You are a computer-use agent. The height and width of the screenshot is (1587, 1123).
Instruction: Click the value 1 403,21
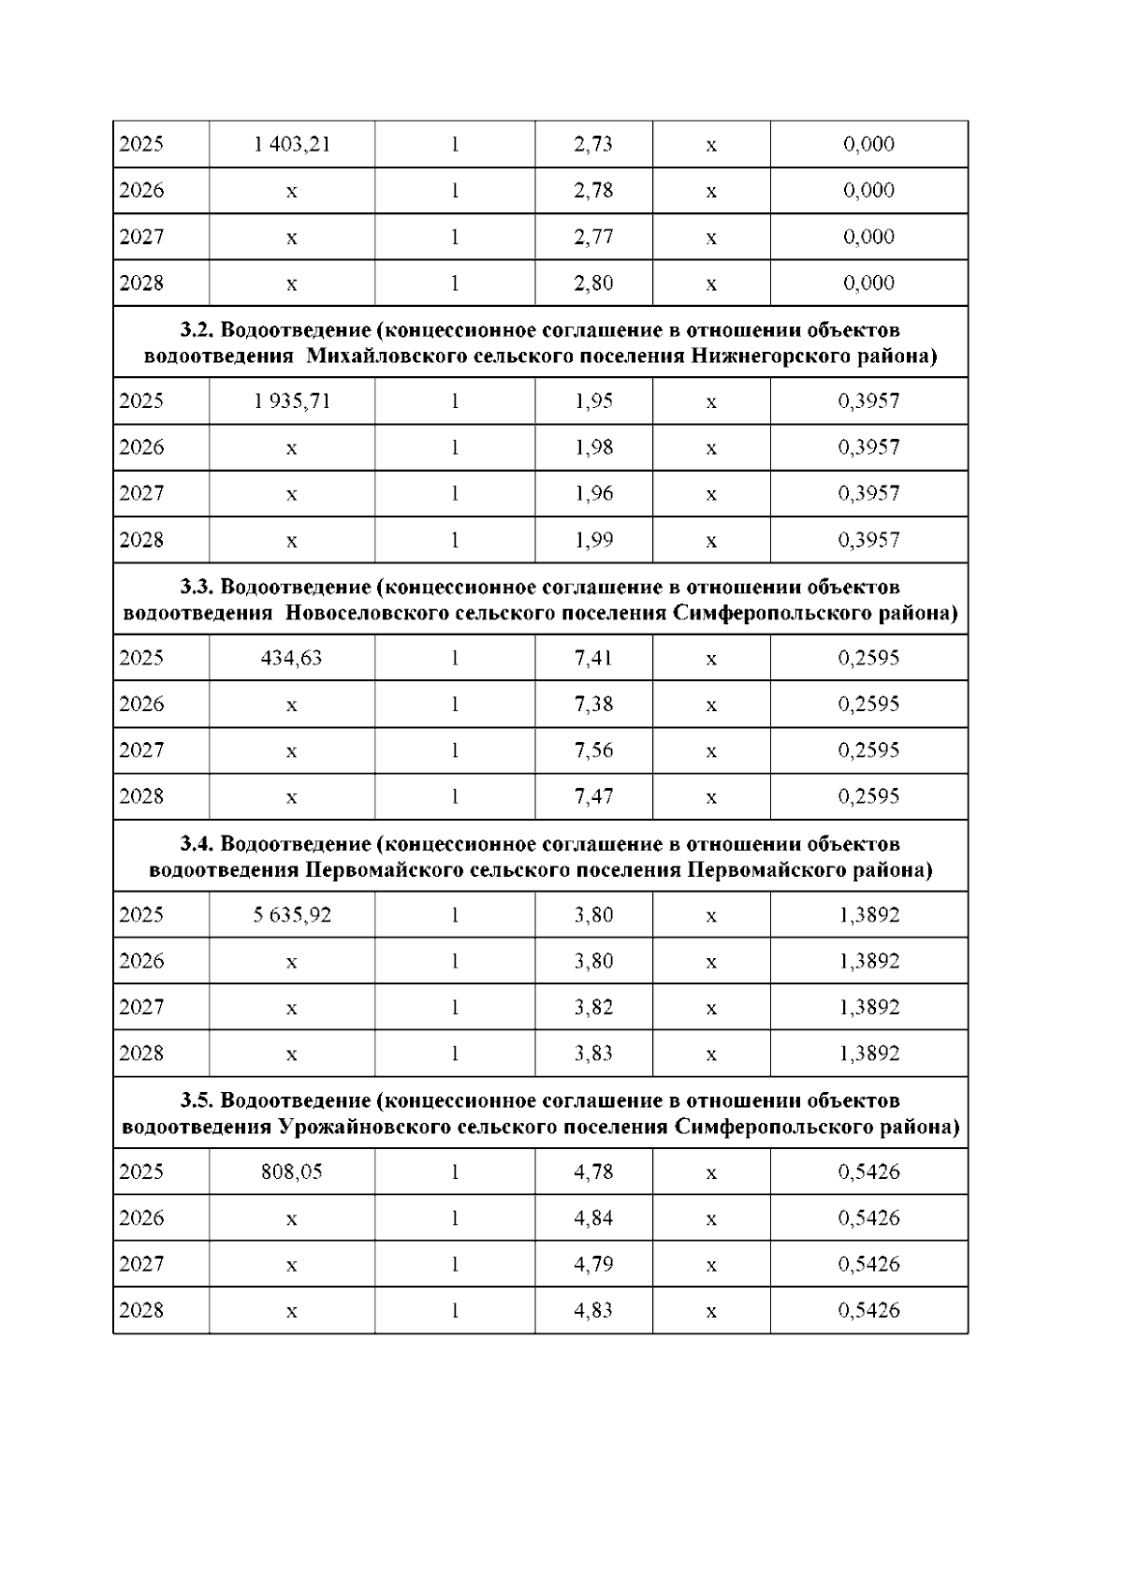292,144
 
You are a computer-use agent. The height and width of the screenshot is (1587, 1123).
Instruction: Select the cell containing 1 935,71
292,401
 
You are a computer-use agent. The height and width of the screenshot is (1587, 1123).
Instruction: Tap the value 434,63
292,658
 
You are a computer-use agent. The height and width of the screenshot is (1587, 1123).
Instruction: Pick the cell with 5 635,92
292,915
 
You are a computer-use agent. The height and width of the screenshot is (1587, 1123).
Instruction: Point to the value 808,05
292,1172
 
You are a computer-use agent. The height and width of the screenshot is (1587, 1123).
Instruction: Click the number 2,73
593,144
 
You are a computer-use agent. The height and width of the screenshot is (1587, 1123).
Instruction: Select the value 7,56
593,750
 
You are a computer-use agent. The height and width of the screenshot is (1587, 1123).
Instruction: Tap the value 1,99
593,540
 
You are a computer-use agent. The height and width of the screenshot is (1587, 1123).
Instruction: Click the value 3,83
593,1054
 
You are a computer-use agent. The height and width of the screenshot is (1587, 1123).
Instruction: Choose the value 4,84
593,1218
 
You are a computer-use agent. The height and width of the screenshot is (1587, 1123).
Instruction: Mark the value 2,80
593,284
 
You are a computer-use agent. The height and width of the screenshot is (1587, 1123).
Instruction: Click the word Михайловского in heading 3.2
374,357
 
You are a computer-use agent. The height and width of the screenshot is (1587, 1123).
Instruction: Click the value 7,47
593,796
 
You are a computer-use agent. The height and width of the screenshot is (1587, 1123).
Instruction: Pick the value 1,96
593,493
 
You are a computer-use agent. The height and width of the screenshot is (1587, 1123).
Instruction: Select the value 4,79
593,1264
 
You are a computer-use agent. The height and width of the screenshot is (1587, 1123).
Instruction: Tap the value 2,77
593,237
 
